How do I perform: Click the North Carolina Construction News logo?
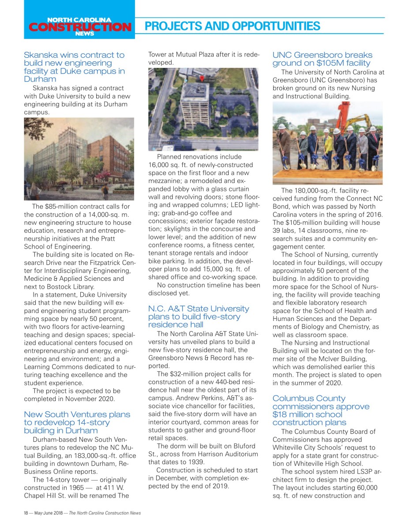pyautogui.click(x=80, y=26)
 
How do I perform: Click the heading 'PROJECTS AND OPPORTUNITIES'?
pyautogui.click(x=232, y=26)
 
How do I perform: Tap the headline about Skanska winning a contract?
pyautogui.click(x=74, y=67)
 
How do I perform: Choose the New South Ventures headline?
pyautogui.click(x=77, y=422)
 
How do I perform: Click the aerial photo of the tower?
pyautogui.click(x=203, y=109)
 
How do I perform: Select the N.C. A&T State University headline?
pyautogui.click(x=199, y=317)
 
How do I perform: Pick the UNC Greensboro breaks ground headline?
pyautogui.click(x=322, y=59)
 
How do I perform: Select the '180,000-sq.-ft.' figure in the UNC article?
pyautogui.click(x=318, y=190)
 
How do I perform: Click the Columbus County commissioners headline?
pyautogui.click(x=321, y=410)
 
